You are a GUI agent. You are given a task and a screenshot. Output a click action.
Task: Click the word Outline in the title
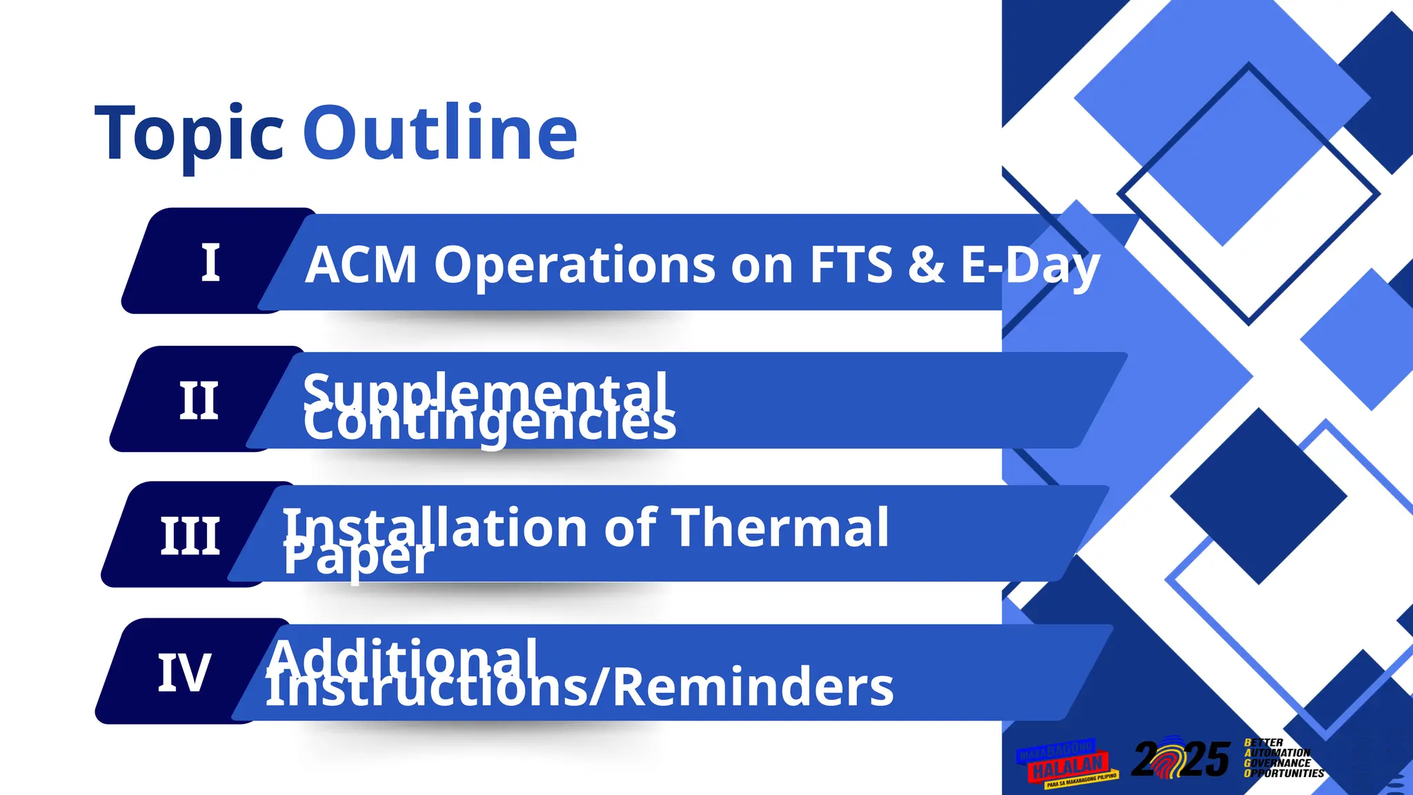(x=439, y=133)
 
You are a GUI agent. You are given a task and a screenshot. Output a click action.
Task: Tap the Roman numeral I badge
(x=210, y=263)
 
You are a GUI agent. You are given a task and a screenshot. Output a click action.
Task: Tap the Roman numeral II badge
(x=199, y=401)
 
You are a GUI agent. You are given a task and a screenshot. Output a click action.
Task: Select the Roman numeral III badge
(x=190, y=536)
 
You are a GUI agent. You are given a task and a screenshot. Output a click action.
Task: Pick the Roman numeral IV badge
(x=184, y=673)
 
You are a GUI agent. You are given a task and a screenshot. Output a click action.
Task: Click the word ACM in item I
(x=361, y=265)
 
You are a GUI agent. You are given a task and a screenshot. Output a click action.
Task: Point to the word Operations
(x=574, y=265)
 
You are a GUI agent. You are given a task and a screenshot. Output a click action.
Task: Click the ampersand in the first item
(x=925, y=265)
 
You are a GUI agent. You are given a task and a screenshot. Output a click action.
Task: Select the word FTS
(x=851, y=265)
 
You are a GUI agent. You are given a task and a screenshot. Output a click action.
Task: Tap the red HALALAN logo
(x=1067, y=765)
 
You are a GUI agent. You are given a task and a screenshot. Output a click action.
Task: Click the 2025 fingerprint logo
(x=1180, y=759)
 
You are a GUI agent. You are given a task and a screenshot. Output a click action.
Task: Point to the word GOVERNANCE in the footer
(x=1278, y=763)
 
